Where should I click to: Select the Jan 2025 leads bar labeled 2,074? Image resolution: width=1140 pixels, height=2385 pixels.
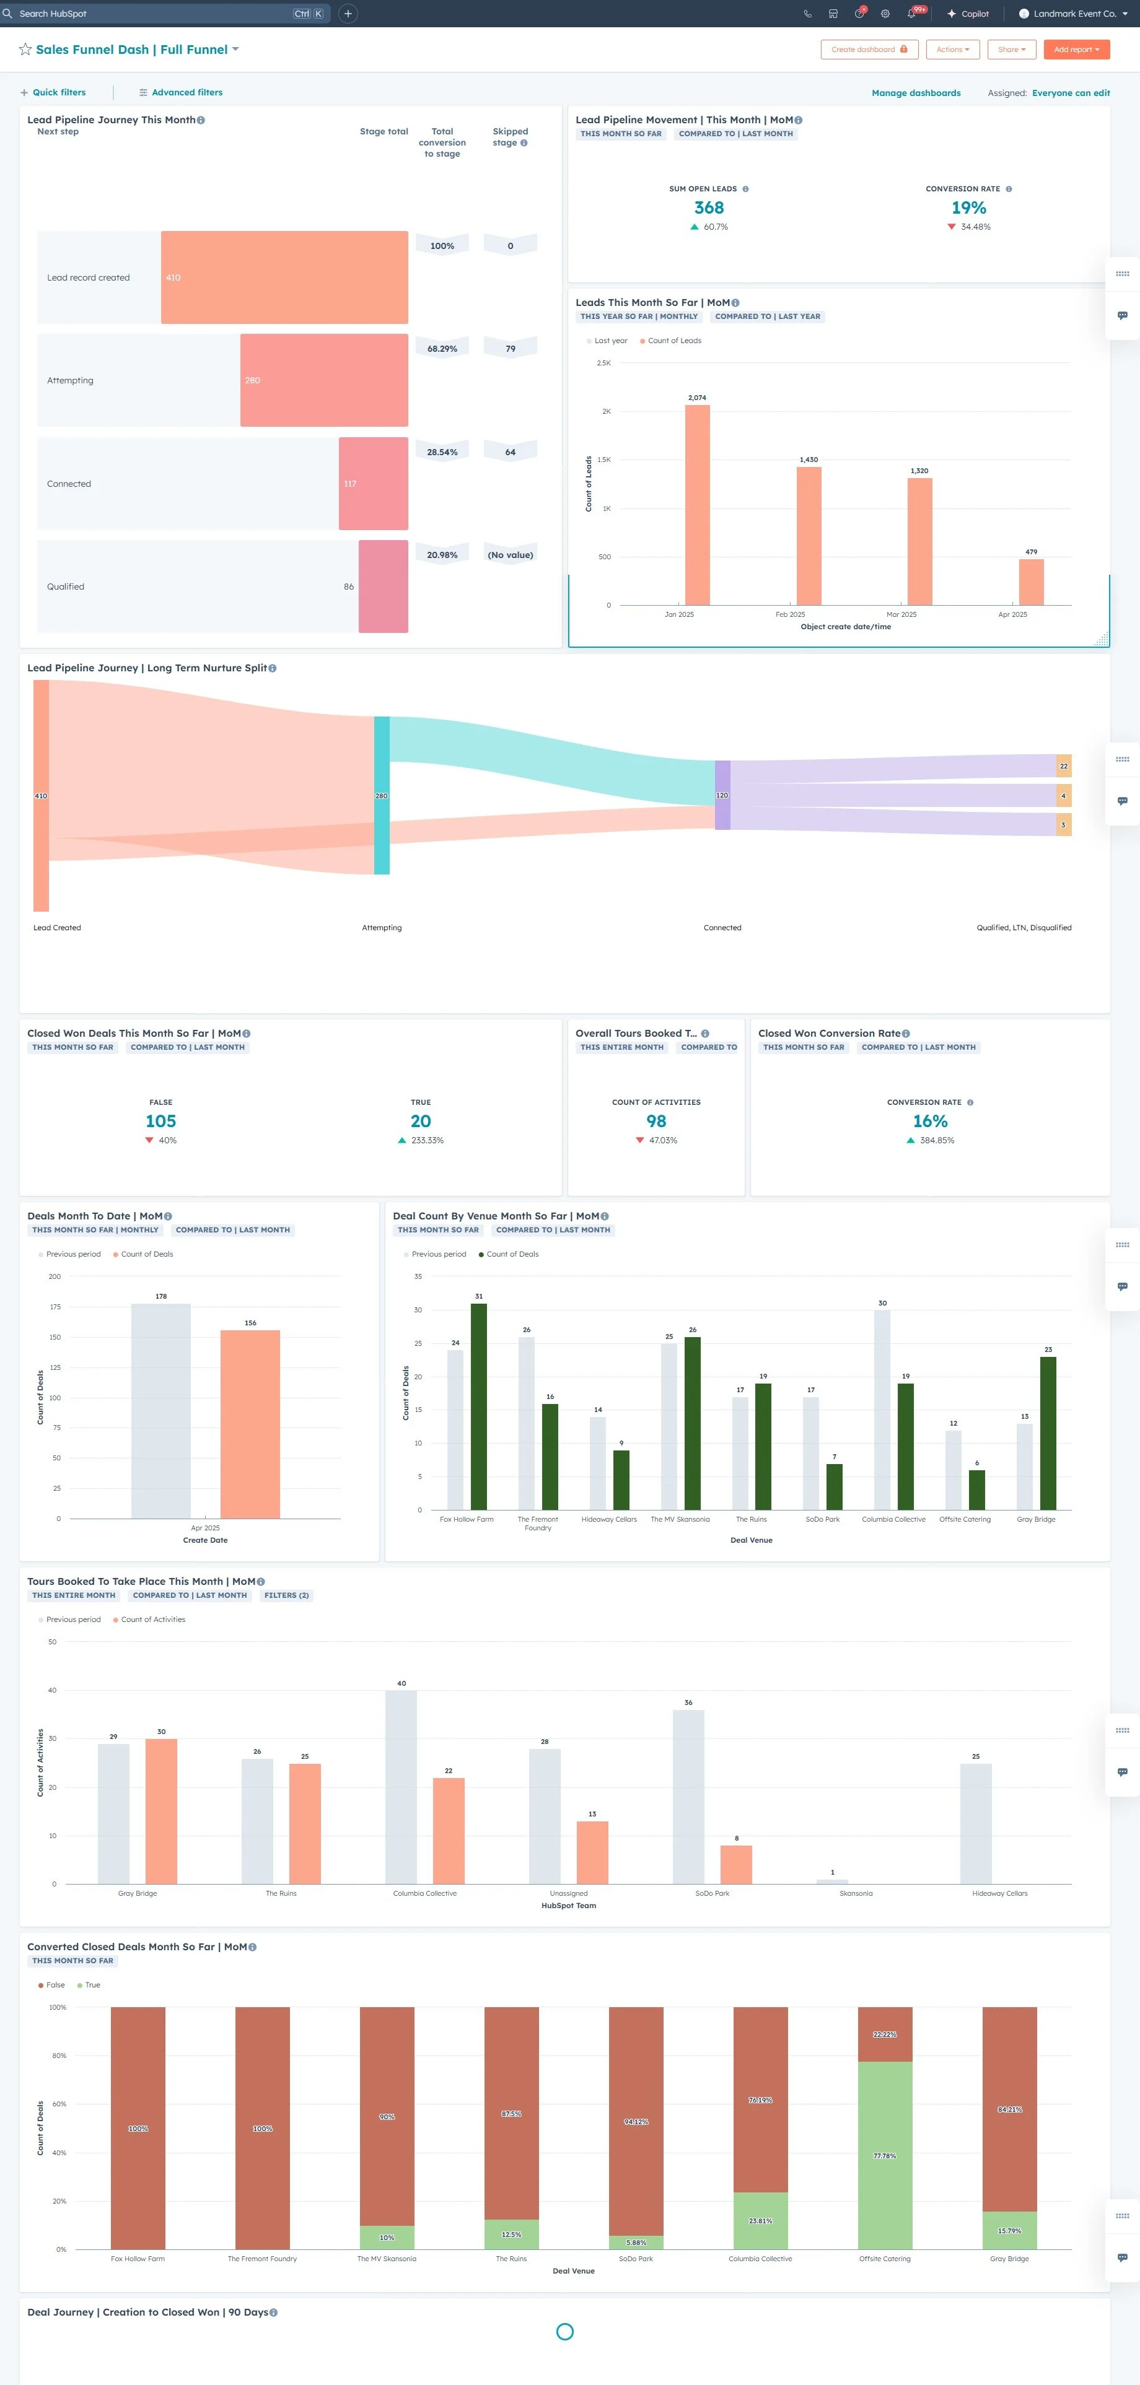698,505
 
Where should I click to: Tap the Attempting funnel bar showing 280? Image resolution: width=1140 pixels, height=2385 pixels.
323,380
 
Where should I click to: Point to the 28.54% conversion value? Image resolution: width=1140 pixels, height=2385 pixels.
442,452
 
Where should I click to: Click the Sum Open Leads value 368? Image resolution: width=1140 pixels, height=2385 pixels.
708,208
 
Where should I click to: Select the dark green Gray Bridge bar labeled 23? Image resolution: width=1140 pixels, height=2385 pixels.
1048,1432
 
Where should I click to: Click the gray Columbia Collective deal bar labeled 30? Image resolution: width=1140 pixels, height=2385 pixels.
882,1409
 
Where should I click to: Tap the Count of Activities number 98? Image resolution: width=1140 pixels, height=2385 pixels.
655,1121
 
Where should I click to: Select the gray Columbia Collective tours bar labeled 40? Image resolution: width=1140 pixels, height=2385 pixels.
401,1786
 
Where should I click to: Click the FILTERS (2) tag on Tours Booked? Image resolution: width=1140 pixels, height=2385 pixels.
286,1595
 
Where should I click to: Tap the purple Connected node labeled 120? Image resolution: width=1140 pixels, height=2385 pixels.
722,795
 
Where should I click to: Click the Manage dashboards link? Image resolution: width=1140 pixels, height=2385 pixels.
915,92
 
